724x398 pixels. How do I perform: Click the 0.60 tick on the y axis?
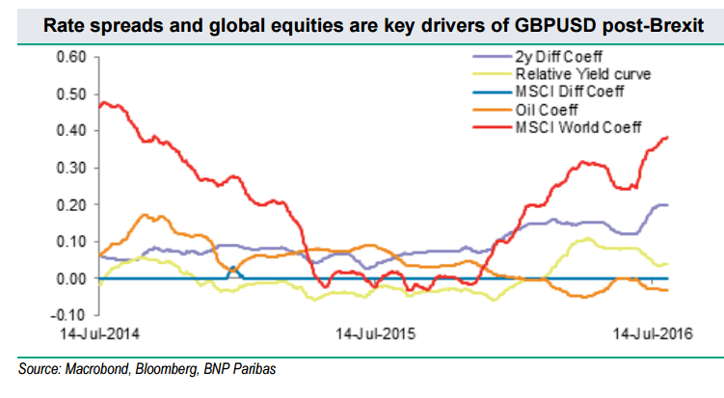click(x=74, y=57)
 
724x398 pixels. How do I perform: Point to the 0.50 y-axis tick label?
click(x=74, y=93)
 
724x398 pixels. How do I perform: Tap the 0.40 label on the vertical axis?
click(x=74, y=130)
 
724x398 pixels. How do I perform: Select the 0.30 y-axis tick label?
click(x=74, y=168)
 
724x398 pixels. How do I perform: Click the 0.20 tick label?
click(x=74, y=204)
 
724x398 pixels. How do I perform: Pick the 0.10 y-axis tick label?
click(x=74, y=241)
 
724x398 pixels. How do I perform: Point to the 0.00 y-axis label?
click(x=74, y=279)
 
